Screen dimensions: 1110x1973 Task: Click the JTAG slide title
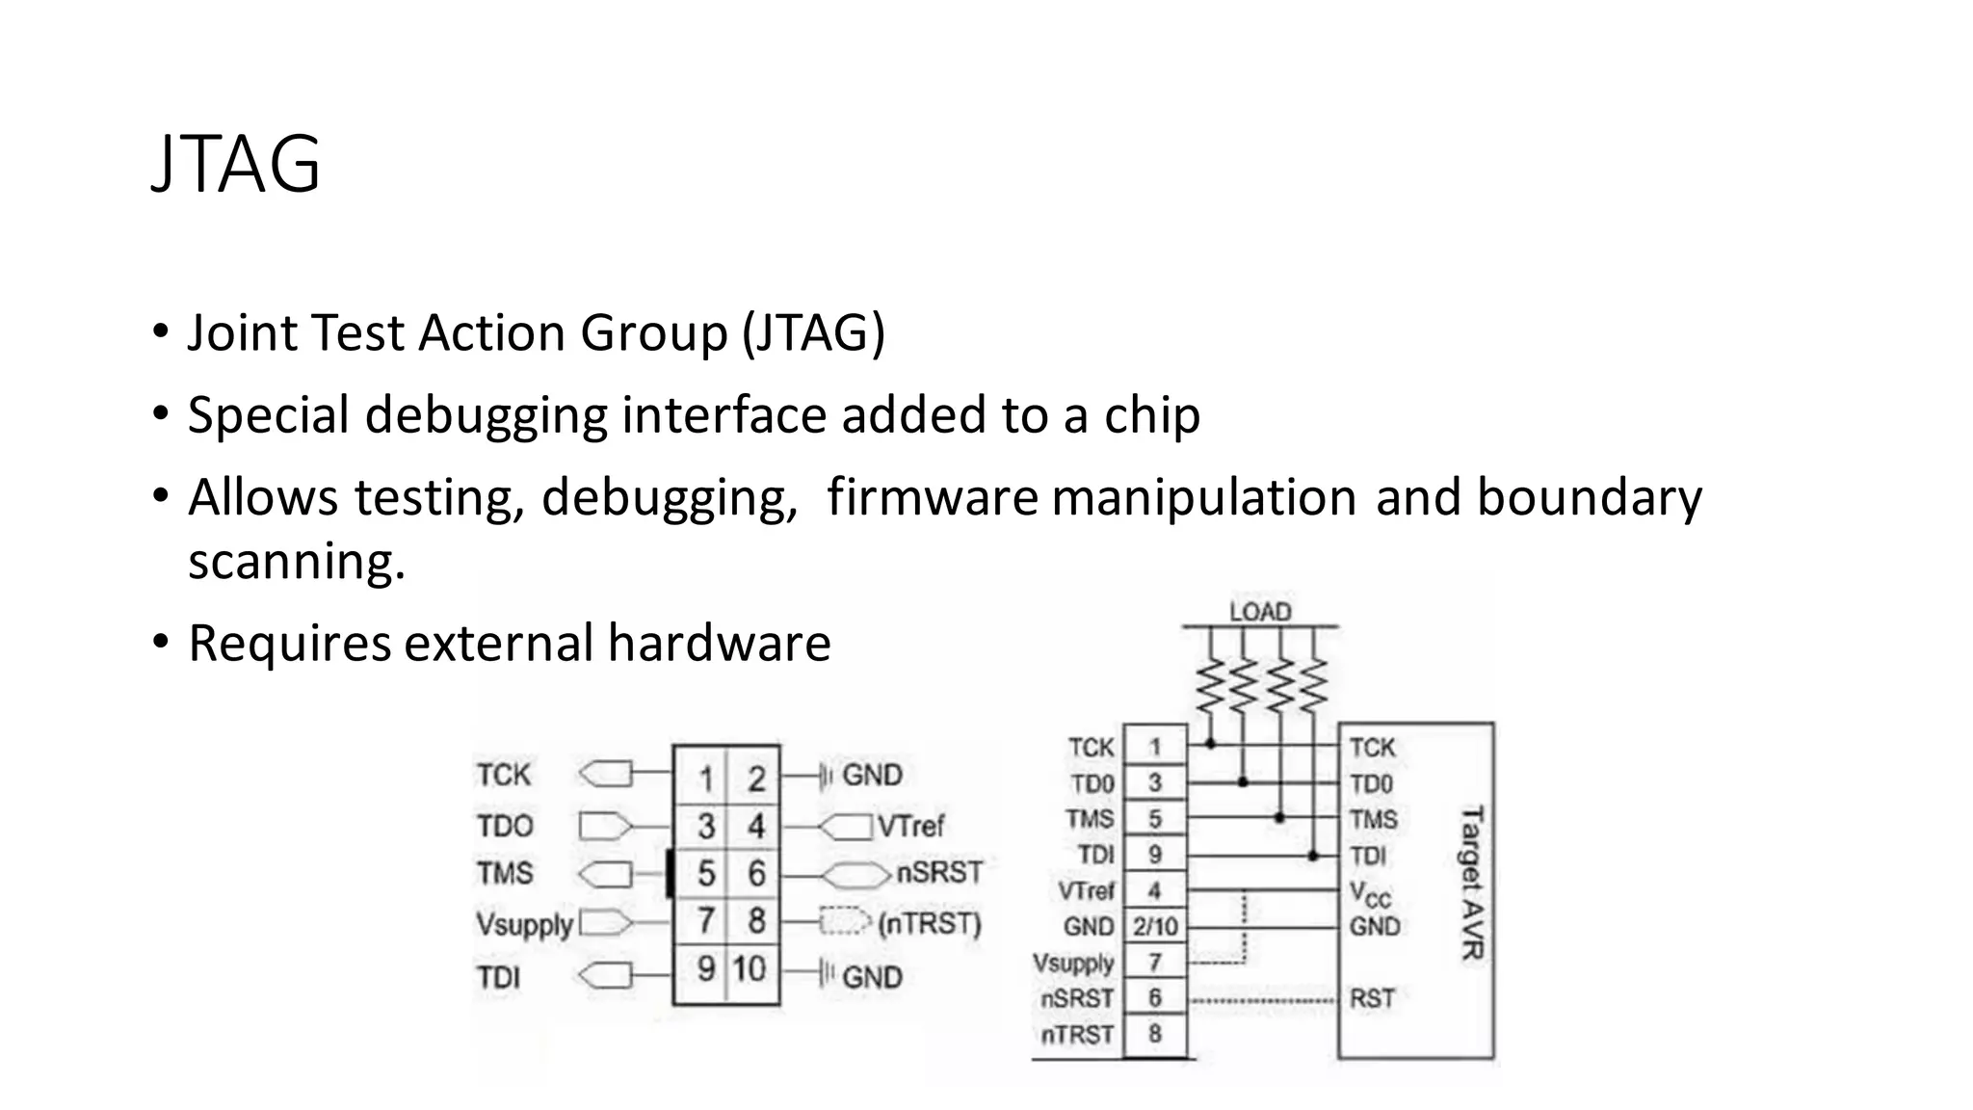coord(236,164)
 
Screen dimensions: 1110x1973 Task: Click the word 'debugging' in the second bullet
coord(487,416)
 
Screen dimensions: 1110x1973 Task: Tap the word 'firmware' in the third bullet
coord(932,498)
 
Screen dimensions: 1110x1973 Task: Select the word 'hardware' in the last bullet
coord(719,644)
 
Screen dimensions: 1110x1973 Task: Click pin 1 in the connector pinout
coord(706,777)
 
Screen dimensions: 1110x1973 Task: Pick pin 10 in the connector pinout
coord(750,969)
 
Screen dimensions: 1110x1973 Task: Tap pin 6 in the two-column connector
coord(756,874)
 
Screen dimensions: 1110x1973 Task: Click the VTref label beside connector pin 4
coord(910,827)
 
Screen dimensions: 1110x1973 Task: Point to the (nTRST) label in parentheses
coord(929,924)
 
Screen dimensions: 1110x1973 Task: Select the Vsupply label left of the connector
coord(524,925)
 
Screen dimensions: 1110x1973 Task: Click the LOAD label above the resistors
coord(1259,612)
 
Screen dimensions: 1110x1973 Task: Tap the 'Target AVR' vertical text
coord(1473,883)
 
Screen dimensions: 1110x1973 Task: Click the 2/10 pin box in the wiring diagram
coord(1154,927)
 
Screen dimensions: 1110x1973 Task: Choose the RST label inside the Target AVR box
coord(1372,999)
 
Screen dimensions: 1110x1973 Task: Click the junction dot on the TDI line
coord(1313,855)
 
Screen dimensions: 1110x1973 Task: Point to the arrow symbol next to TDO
coord(605,827)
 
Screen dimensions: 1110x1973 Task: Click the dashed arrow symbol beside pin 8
coord(844,923)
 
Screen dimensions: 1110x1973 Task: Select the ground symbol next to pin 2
coord(824,777)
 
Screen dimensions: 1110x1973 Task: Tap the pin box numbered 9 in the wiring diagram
coord(1154,855)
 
